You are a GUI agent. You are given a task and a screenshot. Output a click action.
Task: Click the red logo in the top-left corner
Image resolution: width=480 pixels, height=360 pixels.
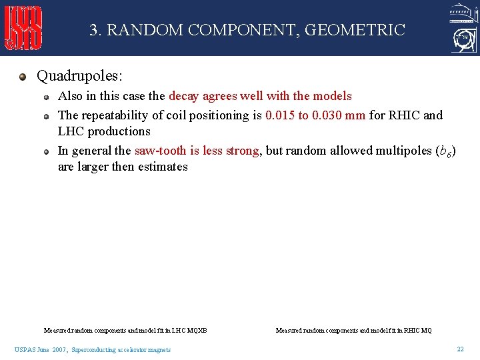click(24, 28)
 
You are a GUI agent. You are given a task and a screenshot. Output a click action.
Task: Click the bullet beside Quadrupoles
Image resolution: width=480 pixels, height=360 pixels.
click(23, 77)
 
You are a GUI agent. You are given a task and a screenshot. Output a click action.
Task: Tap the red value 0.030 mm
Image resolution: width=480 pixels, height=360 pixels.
click(338, 115)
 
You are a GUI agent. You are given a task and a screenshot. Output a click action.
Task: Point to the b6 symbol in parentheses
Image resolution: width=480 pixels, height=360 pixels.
click(445, 151)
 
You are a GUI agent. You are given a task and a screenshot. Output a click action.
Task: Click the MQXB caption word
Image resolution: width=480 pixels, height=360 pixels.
click(197, 330)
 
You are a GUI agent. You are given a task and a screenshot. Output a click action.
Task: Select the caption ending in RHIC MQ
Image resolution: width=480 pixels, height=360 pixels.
click(353, 330)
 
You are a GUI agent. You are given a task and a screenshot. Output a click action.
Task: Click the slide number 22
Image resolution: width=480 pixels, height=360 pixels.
click(460, 349)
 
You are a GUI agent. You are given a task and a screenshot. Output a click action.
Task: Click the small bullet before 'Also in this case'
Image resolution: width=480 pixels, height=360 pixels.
click(47, 97)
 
